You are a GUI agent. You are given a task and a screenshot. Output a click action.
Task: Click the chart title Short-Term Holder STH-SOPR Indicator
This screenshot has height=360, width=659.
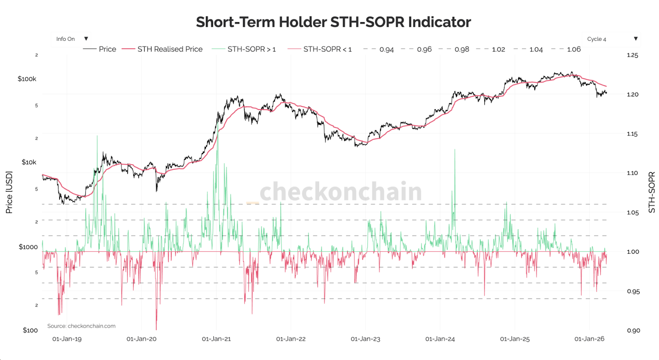pyautogui.click(x=333, y=22)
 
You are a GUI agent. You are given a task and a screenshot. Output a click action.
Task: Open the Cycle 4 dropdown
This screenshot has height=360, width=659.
pyautogui.click(x=611, y=39)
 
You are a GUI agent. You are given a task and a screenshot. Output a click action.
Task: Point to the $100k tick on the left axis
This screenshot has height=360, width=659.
pyautogui.click(x=27, y=79)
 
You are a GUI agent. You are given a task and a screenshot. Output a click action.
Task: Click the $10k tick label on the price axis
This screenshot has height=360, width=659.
pyautogui.click(x=29, y=162)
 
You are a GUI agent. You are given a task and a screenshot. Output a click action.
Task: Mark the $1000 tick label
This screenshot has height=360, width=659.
pyautogui.click(x=28, y=247)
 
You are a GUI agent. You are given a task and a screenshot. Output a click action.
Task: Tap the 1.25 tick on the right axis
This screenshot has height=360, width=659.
pyautogui.click(x=632, y=55)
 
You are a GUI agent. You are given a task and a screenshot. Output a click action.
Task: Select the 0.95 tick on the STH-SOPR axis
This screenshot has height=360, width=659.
pyautogui.click(x=633, y=291)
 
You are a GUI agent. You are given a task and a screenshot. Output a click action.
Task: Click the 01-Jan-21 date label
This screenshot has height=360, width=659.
pyautogui.click(x=216, y=339)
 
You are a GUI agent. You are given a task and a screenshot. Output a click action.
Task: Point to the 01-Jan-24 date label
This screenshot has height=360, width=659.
pyautogui.click(x=440, y=339)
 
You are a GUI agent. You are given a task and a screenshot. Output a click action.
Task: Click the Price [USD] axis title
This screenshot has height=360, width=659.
pyautogui.click(x=9, y=192)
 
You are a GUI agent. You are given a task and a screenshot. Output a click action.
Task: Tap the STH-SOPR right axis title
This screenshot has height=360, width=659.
pyautogui.click(x=652, y=192)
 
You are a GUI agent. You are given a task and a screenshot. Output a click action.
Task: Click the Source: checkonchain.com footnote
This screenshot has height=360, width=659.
pyautogui.click(x=81, y=326)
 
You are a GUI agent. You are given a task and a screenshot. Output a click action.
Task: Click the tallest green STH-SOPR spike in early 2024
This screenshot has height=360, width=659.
pyautogui.click(x=455, y=151)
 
